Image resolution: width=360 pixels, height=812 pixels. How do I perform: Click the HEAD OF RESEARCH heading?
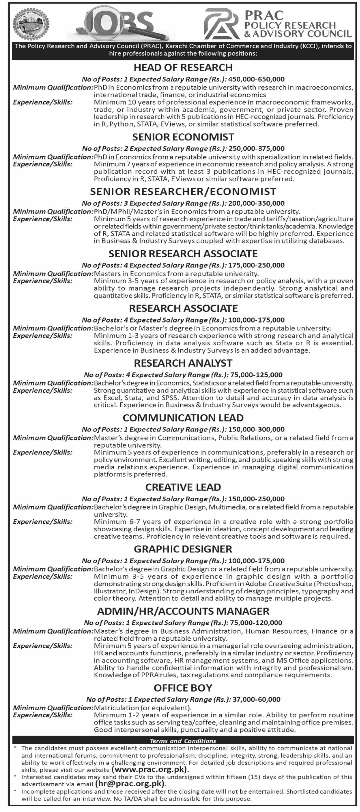pyautogui.click(x=183, y=67)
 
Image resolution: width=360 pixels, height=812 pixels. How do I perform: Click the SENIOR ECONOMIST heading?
pyautogui.click(x=183, y=137)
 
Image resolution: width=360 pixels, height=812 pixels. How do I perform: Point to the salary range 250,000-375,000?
pyautogui.click(x=256, y=148)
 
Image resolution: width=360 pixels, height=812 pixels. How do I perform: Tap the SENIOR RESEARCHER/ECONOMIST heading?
pyautogui.click(x=183, y=192)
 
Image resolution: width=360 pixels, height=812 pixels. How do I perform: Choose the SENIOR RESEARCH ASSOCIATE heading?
pyautogui.click(x=183, y=254)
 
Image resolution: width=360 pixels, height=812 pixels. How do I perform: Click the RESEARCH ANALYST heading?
pyautogui.click(x=183, y=363)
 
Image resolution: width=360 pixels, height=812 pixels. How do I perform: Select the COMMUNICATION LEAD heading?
pyautogui.click(x=183, y=418)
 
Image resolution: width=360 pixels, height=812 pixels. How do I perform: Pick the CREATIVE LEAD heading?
pyautogui.click(x=183, y=487)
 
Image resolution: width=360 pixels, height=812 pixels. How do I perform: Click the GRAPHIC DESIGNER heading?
pyautogui.click(x=183, y=549)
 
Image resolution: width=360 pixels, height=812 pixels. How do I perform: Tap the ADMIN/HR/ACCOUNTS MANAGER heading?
pyautogui.click(x=183, y=611)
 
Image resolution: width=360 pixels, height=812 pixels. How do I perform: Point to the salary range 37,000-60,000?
pyautogui.click(x=256, y=699)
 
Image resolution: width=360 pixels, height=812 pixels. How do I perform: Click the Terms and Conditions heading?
pyautogui.click(x=183, y=741)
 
